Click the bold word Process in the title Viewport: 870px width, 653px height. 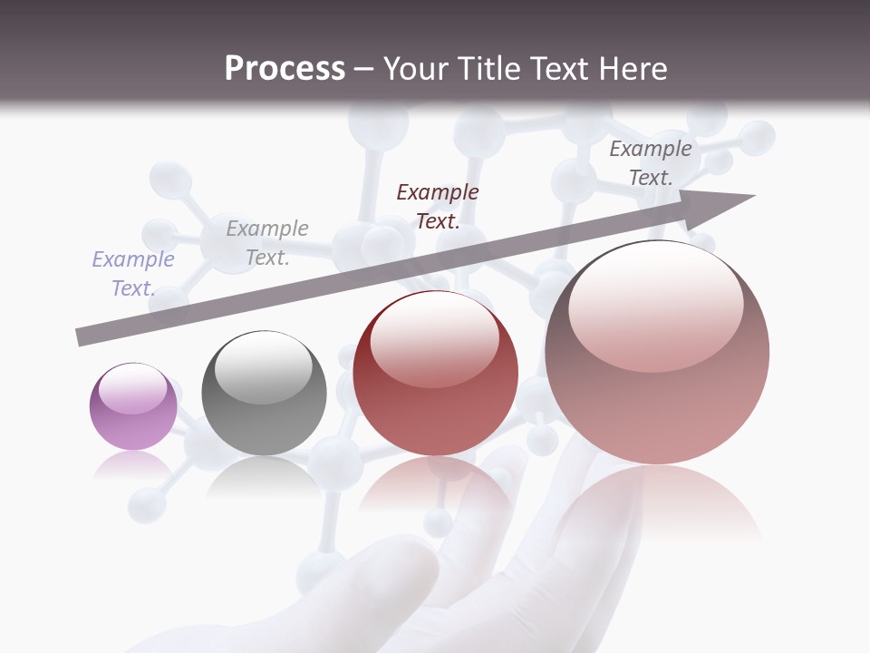coord(285,68)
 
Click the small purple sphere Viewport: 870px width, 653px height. coord(133,406)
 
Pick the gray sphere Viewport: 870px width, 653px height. coord(264,393)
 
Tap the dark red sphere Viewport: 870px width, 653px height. coord(435,373)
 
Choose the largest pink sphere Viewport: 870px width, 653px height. coord(657,353)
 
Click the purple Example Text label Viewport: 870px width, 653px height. coord(133,274)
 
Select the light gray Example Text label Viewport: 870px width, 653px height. coord(267,243)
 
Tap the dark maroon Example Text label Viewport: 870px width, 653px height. coord(438,206)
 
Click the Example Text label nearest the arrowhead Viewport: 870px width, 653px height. coord(651,163)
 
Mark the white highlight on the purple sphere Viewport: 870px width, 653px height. coord(133,389)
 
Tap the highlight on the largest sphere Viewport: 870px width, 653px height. coord(655,307)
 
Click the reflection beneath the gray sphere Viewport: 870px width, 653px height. coord(264,476)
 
